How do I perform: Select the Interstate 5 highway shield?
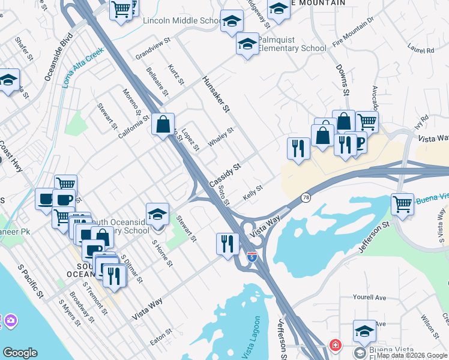(253, 257)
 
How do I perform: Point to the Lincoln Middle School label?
(182, 21)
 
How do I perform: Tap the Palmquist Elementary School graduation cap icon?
(247, 44)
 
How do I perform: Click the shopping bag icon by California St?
(163, 125)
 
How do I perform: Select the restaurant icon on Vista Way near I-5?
(227, 243)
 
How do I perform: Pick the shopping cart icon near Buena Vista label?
(402, 204)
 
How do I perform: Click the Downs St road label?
(342, 80)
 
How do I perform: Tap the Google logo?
(20, 353)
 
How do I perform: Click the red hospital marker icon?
(334, 346)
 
